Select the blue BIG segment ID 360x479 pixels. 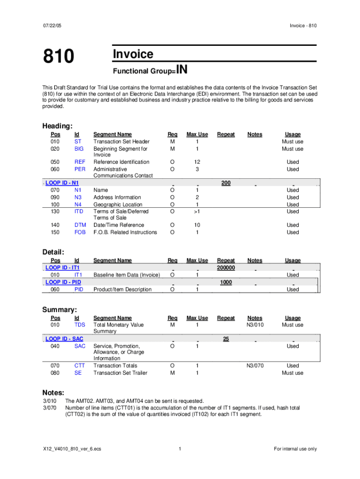point(79,149)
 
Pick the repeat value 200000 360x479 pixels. point(226,268)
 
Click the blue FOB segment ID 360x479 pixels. point(80,232)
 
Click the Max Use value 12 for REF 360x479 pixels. point(197,162)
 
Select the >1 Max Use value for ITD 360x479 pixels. point(197,211)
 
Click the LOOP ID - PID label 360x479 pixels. point(63,282)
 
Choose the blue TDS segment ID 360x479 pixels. point(79,325)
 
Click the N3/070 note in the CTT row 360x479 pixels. point(255,365)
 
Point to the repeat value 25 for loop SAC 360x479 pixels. point(226,339)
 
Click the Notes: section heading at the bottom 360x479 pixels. point(53,392)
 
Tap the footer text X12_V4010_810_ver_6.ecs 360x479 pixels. point(71,449)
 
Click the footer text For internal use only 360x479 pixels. point(295,449)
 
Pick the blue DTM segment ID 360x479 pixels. point(80,225)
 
